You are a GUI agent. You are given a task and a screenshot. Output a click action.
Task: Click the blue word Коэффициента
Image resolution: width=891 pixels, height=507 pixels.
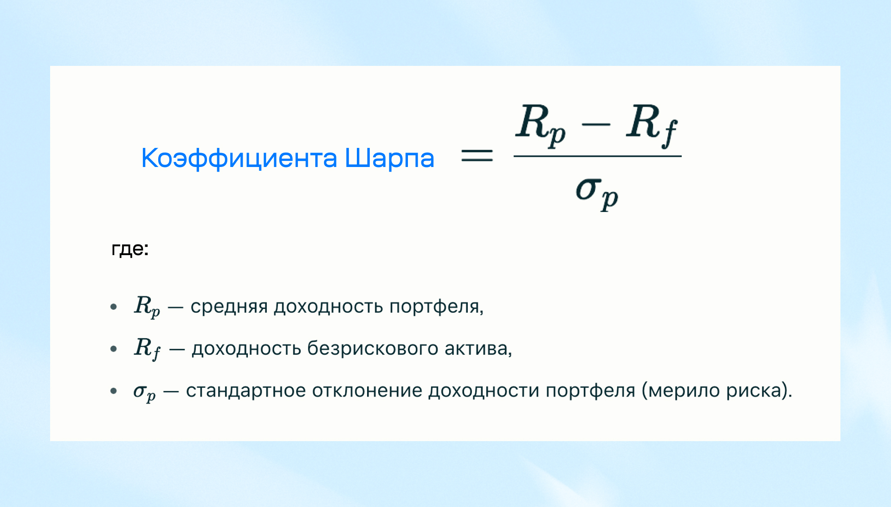pos(239,158)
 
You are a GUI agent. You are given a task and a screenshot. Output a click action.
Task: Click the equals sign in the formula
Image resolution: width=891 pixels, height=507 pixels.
pos(477,155)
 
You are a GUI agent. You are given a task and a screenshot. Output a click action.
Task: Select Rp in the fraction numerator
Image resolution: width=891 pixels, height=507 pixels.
pos(541,125)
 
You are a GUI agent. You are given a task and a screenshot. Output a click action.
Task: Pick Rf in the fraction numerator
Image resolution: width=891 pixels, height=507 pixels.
pos(652,125)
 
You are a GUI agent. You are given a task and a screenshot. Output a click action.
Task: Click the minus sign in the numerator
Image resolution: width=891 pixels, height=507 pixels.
pos(596,124)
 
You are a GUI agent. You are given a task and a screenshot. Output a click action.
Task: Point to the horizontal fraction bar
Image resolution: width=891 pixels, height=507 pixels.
pos(597,156)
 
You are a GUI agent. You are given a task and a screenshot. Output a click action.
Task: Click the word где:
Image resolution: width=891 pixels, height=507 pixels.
pos(130,250)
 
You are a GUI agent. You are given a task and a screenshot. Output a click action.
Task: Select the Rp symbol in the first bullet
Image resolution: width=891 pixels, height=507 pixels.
pos(147,307)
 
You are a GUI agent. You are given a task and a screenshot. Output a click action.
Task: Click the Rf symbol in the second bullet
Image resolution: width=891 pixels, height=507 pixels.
pos(148,348)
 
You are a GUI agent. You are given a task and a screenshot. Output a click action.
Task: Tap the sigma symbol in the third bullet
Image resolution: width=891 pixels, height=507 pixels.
pos(144,392)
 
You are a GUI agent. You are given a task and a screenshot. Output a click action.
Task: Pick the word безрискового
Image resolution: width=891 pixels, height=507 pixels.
pos(373,349)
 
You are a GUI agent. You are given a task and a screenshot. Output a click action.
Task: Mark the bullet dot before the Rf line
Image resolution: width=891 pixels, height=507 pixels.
pos(114,349)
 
